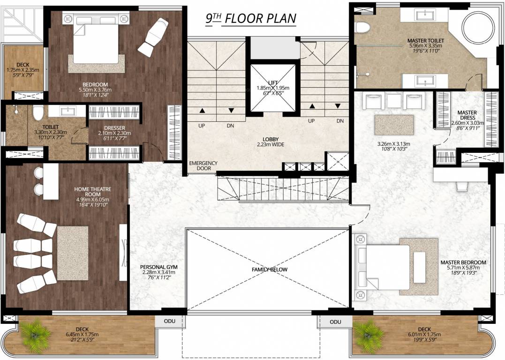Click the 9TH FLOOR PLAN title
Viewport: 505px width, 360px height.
click(x=251, y=19)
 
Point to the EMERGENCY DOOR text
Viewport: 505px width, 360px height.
click(x=203, y=166)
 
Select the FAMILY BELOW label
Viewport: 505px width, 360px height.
click(x=269, y=270)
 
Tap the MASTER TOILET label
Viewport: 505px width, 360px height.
click(x=425, y=41)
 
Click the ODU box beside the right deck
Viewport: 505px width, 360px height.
click(x=335, y=322)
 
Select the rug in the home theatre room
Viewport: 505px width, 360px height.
click(x=73, y=247)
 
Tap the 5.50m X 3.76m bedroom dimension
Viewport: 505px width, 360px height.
click(x=95, y=90)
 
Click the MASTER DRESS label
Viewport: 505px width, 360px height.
click(x=467, y=115)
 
